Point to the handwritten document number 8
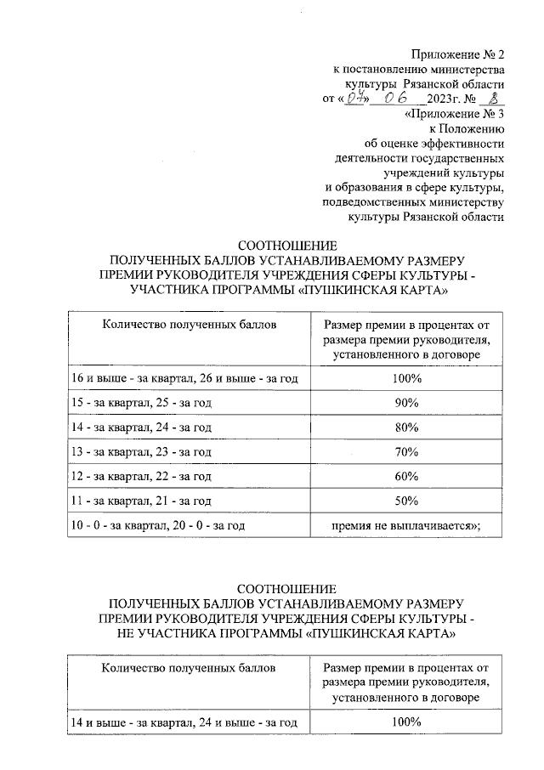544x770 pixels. (x=486, y=98)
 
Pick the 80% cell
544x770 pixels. (x=407, y=427)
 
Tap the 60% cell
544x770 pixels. (x=407, y=476)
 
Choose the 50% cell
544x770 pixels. (x=407, y=501)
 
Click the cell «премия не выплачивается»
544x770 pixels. (x=406, y=526)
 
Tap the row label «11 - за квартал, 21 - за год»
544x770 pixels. (x=140, y=501)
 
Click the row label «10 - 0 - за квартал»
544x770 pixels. (x=158, y=526)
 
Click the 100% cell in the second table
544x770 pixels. (x=407, y=722)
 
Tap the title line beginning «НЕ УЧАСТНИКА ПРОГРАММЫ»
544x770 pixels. (x=286, y=634)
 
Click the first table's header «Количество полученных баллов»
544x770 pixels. (x=189, y=324)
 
